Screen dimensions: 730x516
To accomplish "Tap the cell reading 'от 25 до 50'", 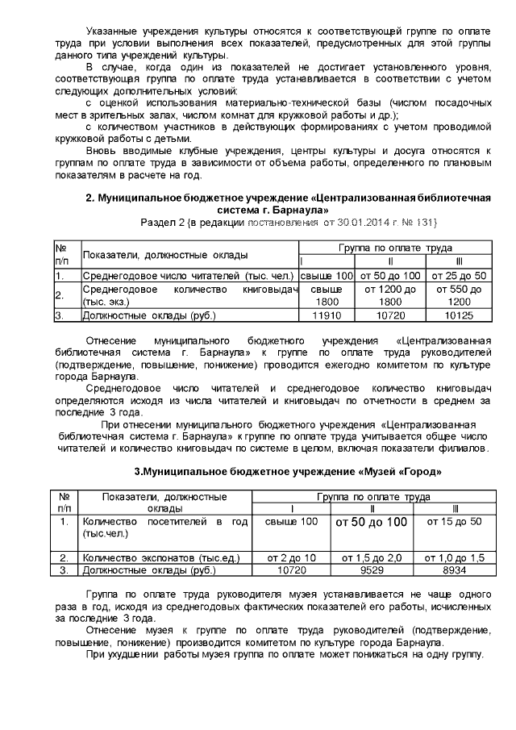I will pos(458,275).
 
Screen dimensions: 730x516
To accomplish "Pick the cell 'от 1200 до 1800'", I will pos(390,294).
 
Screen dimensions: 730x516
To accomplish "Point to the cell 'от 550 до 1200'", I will pos(458,294).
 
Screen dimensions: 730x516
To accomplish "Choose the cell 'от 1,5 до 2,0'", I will pos(371,557).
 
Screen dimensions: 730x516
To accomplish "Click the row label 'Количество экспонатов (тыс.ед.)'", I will pos(152,557).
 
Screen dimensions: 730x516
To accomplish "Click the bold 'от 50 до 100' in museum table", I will pos(371,523).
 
